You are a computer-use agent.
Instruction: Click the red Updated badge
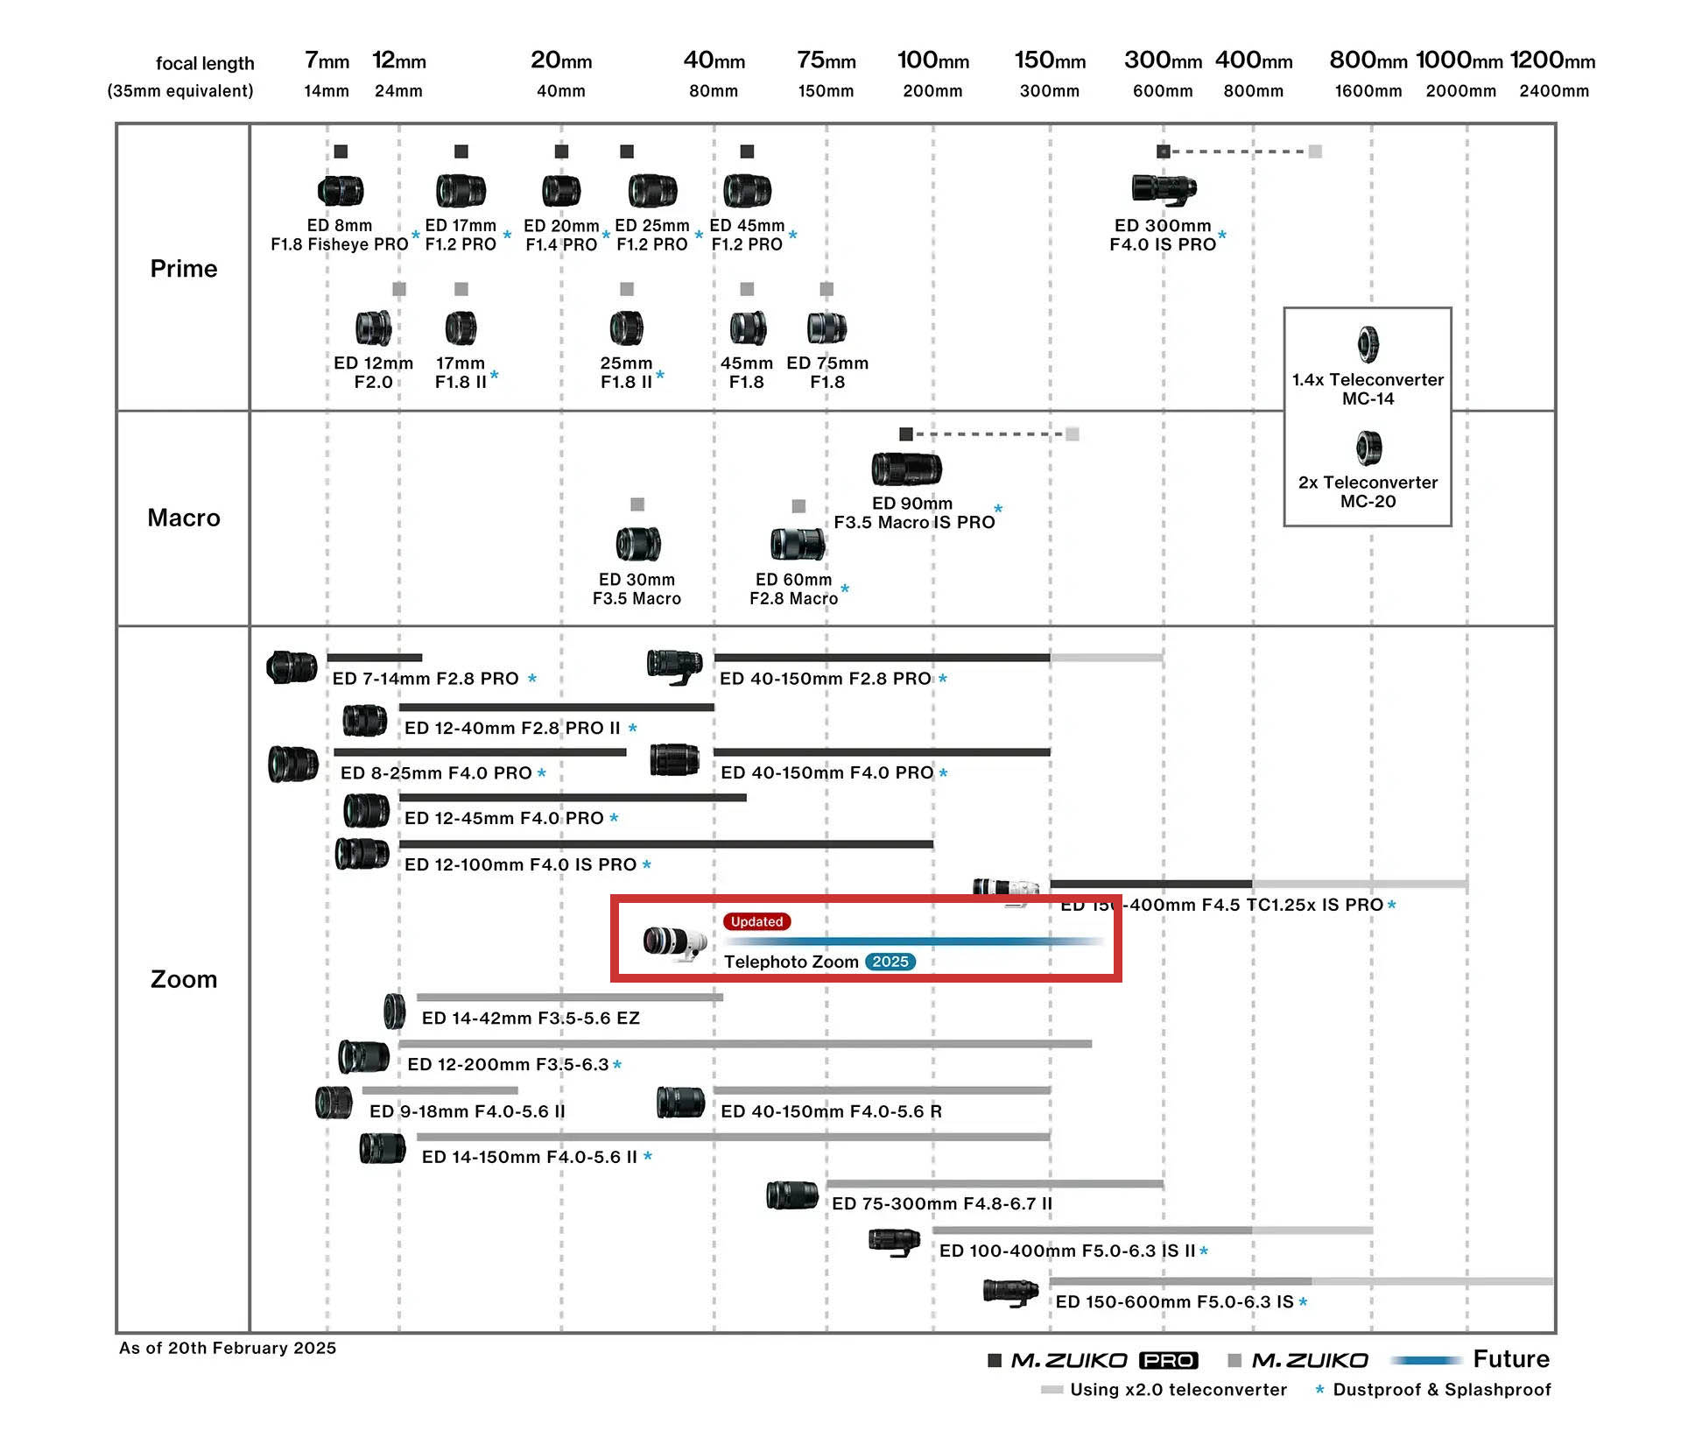tap(756, 921)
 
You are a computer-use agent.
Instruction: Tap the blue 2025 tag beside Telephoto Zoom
tap(890, 962)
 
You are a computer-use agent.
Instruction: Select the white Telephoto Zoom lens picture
tap(674, 941)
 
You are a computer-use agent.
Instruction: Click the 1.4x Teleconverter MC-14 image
tap(1368, 344)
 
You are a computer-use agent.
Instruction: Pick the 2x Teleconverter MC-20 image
tap(1368, 448)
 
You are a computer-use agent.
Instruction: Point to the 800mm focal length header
tap(1368, 60)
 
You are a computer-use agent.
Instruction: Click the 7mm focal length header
tap(327, 60)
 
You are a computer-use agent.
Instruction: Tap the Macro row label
tap(184, 518)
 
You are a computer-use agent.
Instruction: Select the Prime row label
tap(184, 268)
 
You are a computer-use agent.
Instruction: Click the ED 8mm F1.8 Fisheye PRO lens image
tap(341, 190)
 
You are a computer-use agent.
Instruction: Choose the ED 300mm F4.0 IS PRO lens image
tap(1164, 188)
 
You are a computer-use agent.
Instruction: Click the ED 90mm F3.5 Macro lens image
tap(906, 469)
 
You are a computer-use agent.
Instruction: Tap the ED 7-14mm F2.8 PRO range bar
tap(375, 657)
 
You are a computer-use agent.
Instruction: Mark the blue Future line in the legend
tap(1426, 1360)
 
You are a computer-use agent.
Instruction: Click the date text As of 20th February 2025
tap(228, 1348)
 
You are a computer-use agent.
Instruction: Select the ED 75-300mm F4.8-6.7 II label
tap(942, 1203)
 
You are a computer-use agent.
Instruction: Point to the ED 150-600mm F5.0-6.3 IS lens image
tap(1011, 1293)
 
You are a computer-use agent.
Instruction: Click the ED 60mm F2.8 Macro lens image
tap(797, 544)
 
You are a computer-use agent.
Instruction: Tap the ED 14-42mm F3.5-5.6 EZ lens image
tap(395, 1012)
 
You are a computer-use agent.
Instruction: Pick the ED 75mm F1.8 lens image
tap(826, 328)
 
